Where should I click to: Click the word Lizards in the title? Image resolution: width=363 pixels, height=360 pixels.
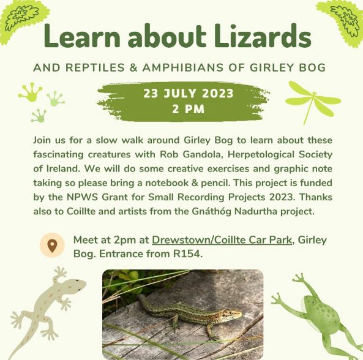(x=262, y=35)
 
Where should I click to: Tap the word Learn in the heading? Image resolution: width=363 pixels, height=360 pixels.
(x=82, y=36)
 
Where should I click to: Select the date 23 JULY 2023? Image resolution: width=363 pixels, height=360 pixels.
(x=188, y=93)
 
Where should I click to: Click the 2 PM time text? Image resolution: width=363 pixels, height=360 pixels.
(x=188, y=109)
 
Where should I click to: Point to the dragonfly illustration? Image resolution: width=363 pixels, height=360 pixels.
(x=313, y=102)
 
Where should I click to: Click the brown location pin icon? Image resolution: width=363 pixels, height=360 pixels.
(x=52, y=246)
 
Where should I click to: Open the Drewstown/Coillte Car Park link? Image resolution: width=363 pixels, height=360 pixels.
(x=222, y=240)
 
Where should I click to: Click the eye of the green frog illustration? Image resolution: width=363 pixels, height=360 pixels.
(x=314, y=302)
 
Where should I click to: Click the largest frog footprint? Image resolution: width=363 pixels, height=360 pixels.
(x=31, y=92)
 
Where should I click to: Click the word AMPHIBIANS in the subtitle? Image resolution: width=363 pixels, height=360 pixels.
(x=183, y=67)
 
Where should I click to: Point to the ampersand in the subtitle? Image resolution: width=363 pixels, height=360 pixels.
(x=133, y=67)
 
